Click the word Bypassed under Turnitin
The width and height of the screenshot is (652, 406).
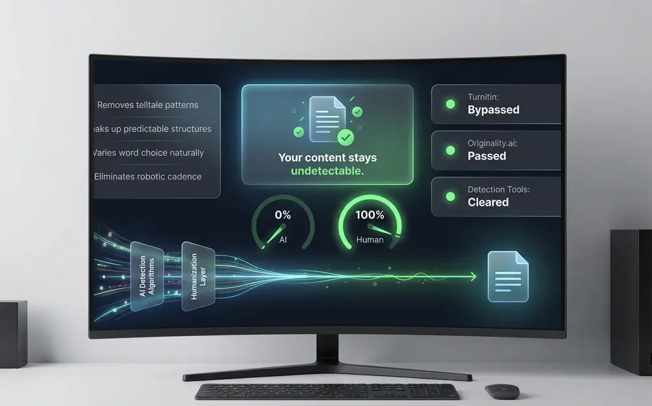coord(493,110)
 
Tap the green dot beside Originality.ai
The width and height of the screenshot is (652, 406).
coord(451,150)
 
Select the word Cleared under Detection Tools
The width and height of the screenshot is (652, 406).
coord(488,202)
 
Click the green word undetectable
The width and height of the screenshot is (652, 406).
coord(327,171)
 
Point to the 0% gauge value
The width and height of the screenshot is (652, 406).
coord(283,215)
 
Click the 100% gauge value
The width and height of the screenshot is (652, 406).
coord(370,215)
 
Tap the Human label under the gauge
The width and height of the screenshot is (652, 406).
coord(370,240)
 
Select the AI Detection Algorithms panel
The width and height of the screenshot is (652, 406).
coord(147,277)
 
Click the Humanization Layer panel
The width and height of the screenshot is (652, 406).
coord(198,277)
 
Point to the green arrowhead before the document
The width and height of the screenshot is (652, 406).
coord(473,277)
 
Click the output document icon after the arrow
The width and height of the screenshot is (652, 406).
coord(508,277)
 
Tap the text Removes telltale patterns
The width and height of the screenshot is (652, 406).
coord(147,105)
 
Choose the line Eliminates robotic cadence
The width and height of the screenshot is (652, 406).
coord(147,176)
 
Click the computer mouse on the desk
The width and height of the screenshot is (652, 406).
coord(502,391)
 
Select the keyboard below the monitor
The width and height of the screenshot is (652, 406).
coord(328,392)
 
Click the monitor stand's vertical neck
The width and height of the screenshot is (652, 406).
coord(327,349)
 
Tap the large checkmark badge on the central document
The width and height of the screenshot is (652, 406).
coord(346,137)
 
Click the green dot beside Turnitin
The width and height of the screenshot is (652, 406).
coord(451,104)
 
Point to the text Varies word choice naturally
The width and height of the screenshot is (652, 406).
coord(149,153)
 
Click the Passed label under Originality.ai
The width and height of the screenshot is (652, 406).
coord(486,156)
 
